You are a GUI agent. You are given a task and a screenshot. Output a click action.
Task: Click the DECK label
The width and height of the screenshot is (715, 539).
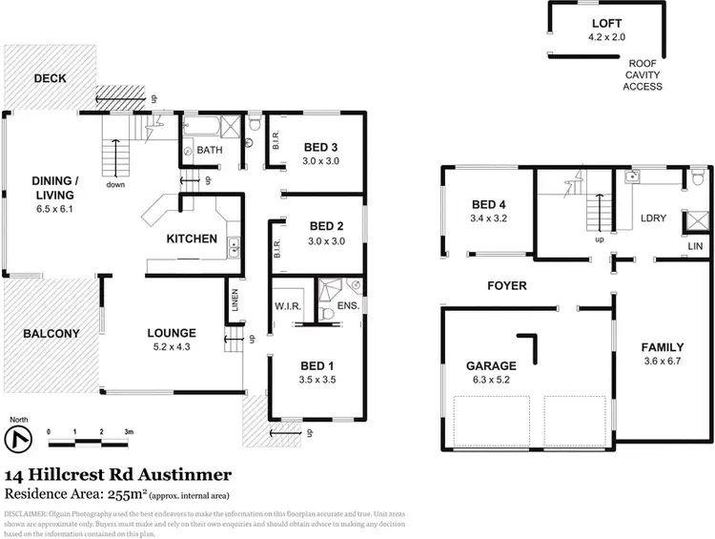[49, 78]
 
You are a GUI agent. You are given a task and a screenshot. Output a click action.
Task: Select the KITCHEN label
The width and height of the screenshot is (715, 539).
[193, 238]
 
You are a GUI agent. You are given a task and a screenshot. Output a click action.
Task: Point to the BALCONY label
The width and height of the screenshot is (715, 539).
[51, 333]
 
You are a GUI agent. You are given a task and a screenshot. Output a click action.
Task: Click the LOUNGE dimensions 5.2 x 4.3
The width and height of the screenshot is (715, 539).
[172, 348]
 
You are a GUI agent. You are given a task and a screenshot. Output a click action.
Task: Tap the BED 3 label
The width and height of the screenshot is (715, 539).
[322, 147]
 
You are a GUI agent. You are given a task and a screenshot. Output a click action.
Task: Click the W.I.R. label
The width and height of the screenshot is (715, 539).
[287, 306]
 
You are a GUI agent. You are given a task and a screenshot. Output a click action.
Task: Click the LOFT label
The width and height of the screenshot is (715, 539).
[606, 23]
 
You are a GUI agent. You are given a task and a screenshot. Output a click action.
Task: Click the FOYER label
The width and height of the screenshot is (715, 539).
[506, 285]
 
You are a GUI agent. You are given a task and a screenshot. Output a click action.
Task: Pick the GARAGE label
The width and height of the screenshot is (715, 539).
[491, 365]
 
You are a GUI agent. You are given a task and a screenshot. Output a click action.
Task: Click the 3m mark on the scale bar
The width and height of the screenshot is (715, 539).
[128, 432]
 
